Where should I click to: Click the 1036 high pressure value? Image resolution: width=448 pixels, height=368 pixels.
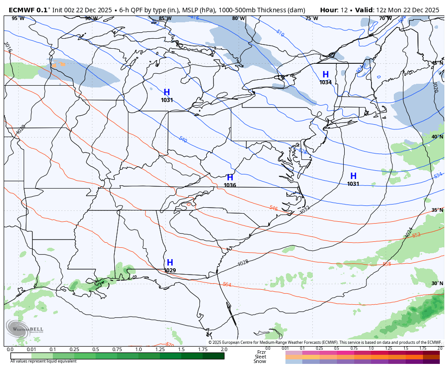(x=229, y=185)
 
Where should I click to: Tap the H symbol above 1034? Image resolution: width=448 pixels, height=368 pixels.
(x=326, y=75)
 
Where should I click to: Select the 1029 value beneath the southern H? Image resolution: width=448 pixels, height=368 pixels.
(x=170, y=271)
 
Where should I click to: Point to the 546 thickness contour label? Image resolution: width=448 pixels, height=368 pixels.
(x=273, y=208)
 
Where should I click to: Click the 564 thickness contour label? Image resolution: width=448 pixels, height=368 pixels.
(x=227, y=285)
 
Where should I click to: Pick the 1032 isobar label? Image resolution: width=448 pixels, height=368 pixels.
(x=305, y=210)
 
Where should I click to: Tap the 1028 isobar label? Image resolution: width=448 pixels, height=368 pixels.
(x=243, y=263)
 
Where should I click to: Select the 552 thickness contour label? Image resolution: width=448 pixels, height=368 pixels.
(x=416, y=235)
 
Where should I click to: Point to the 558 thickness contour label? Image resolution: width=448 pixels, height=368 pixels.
(x=387, y=264)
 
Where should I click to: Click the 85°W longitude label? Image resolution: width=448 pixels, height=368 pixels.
(x=165, y=19)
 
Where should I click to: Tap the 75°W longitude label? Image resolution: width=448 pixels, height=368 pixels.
(x=311, y=19)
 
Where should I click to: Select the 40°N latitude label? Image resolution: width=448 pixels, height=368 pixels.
(x=437, y=137)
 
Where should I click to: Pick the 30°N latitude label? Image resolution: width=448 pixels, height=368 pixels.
(x=437, y=283)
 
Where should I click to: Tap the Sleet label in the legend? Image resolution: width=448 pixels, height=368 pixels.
(x=260, y=357)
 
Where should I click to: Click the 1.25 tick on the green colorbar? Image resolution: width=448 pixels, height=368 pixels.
(x=160, y=349)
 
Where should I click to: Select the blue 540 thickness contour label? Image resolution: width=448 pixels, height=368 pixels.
(x=183, y=139)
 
